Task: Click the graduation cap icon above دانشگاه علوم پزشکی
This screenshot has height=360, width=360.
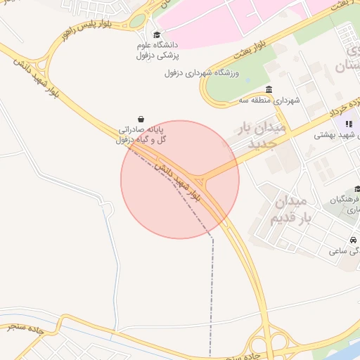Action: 156,35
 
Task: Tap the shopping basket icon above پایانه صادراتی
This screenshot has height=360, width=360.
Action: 143,119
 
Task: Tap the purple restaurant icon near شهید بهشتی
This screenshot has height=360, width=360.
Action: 350,124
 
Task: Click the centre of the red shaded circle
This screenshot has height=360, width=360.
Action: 180,179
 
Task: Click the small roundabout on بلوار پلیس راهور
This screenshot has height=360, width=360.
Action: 136,21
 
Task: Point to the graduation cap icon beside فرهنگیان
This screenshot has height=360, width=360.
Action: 357,189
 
